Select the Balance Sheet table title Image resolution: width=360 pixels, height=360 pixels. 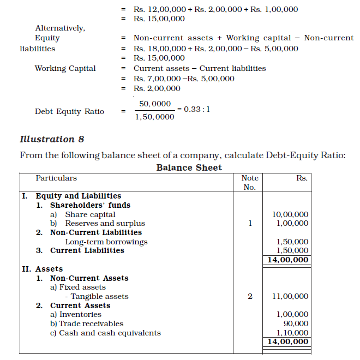[189, 167]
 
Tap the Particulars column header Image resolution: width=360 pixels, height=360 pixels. [56, 178]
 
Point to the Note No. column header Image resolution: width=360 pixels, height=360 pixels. [249, 182]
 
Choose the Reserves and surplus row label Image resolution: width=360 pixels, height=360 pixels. [105, 223]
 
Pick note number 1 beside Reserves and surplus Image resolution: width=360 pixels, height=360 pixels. [250, 223]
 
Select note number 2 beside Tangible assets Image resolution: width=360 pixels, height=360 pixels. [250, 296]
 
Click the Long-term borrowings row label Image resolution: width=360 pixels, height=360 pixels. [106, 242]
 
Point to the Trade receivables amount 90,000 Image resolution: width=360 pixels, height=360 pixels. [297, 323]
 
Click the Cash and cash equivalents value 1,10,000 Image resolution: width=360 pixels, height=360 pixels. [292, 333]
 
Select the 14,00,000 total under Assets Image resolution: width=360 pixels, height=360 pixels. [287, 342]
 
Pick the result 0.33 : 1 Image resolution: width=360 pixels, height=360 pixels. [197, 109]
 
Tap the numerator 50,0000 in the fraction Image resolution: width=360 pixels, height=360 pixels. [155, 104]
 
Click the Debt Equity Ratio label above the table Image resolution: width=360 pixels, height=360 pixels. [69, 111]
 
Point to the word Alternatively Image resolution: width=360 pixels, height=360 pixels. [60, 28]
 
